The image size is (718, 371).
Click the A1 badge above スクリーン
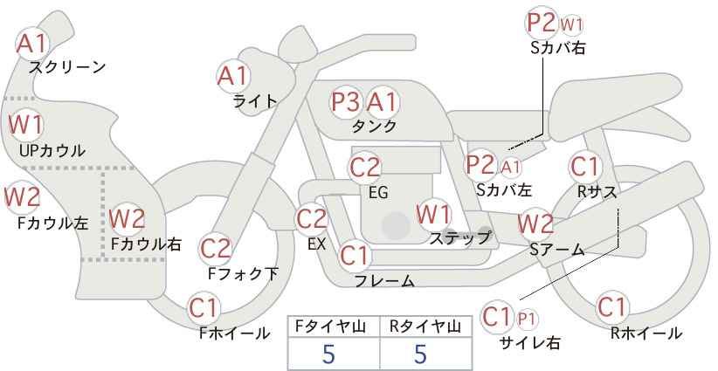click(x=31, y=44)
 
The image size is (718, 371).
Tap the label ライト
click(x=255, y=101)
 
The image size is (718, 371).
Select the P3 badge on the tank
click(x=346, y=101)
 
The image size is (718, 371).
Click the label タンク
click(x=374, y=126)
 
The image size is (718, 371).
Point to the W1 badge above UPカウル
click(x=25, y=125)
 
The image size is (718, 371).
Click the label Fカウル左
click(x=52, y=223)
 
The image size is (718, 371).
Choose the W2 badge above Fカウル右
click(x=127, y=219)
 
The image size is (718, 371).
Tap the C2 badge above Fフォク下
click(x=216, y=249)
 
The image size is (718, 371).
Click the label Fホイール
click(x=235, y=333)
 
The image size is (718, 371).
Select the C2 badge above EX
click(x=311, y=219)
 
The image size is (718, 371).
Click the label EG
click(x=378, y=193)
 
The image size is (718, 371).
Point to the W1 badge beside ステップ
click(x=433, y=214)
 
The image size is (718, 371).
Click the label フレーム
click(x=384, y=280)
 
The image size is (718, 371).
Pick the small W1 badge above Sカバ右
click(x=571, y=24)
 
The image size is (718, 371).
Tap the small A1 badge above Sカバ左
click(x=511, y=168)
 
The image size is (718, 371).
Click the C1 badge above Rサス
click(x=585, y=167)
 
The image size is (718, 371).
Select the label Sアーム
click(x=556, y=250)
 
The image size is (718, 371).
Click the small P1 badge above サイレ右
click(x=527, y=319)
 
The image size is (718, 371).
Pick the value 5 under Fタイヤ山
click(x=328, y=354)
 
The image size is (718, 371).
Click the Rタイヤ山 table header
click(x=425, y=326)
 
